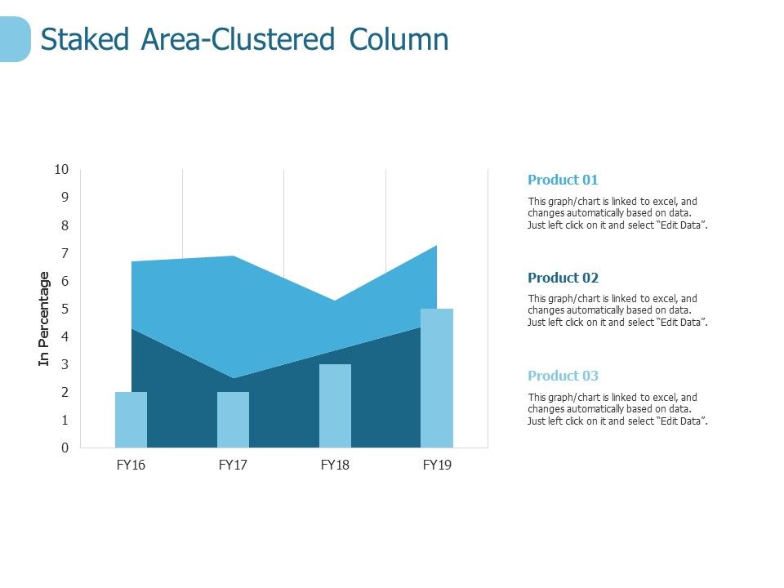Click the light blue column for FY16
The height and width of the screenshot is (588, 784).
tap(131, 420)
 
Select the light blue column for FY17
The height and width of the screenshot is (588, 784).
tap(233, 420)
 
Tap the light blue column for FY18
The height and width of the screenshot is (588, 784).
tap(335, 406)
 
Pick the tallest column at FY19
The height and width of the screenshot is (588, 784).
tap(437, 378)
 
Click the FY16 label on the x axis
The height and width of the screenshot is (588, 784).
tap(131, 465)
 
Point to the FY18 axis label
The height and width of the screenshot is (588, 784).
tap(335, 465)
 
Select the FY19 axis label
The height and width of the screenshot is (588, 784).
tap(437, 465)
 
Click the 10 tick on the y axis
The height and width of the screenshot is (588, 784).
tap(62, 170)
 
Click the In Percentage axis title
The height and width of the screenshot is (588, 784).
tap(44, 319)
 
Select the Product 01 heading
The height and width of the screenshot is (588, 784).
tap(563, 180)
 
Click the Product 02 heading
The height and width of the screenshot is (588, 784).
tap(563, 278)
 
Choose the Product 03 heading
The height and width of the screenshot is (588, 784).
tap(563, 376)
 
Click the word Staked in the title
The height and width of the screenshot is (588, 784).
tap(86, 39)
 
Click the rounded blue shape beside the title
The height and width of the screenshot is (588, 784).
tap(14, 39)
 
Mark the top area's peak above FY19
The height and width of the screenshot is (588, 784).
tap(436, 247)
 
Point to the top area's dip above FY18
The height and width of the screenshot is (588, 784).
tap(335, 303)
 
